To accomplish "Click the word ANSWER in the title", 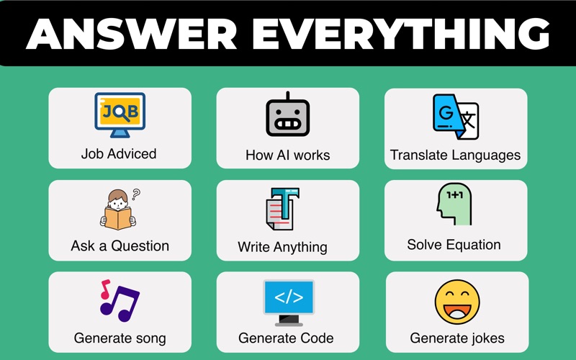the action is click(132, 33).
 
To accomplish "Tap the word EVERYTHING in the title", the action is click(401, 33).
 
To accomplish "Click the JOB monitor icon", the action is click(120, 115).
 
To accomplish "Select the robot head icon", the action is click(287, 114).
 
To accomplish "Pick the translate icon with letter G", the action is click(456, 117).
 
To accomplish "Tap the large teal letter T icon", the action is click(282, 209).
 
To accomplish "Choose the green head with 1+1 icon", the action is click(454, 204).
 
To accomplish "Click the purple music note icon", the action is click(120, 300).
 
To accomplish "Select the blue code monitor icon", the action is click(289, 302).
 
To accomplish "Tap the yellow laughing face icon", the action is click(457, 302).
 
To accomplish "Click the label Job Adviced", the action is click(119, 153).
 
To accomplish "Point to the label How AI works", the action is click(287, 155).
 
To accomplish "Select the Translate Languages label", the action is click(455, 156).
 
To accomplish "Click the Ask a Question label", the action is click(120, 246).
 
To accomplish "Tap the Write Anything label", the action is click(282, 247).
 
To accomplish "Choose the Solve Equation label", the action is click(454, 245).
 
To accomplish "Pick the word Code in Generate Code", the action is click(317, 338).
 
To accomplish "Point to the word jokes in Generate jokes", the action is click(487, 338).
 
